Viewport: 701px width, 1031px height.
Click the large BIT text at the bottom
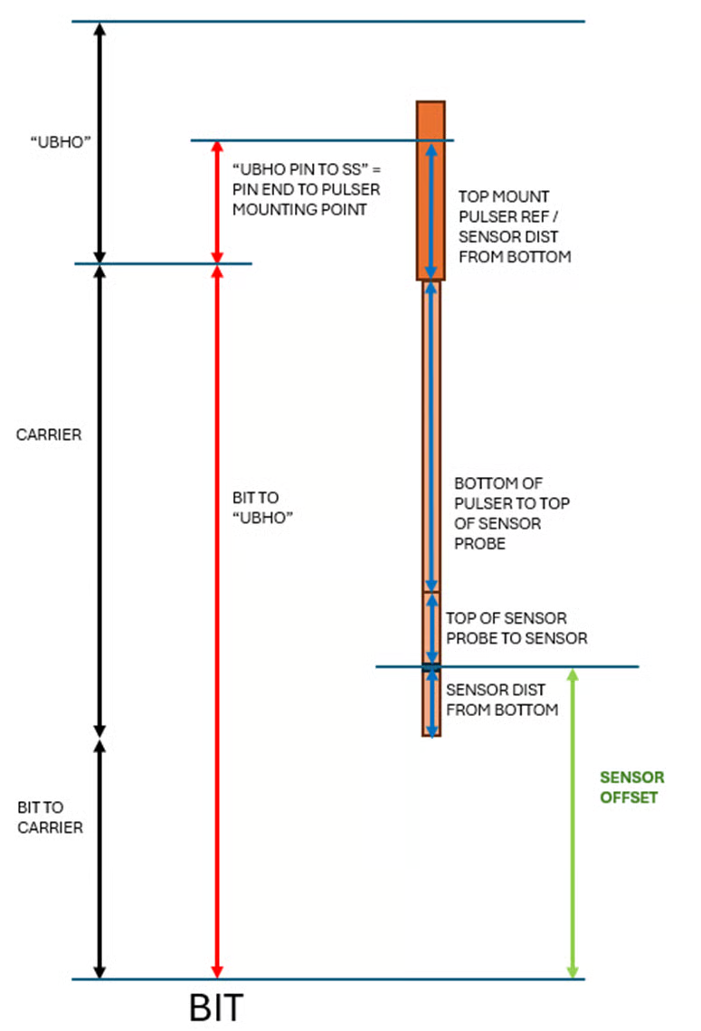click(217, 1007)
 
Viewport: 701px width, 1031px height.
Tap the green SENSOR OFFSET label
click(631, 788)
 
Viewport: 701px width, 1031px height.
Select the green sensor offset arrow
click(573, 824)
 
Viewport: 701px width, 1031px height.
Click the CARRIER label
click(49, 434)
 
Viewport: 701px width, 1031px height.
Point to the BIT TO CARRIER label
click(50, 816)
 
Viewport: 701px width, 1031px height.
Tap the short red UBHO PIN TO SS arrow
click(217, 202)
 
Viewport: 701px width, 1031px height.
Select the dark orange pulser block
click(431, 190)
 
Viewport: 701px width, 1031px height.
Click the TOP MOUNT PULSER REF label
click(515, 226)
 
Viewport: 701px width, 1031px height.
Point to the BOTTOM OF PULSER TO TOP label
click(512, 513)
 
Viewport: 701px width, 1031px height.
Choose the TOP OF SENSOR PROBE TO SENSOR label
click(516, 628)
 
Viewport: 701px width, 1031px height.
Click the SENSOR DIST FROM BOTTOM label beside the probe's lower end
click(502, 701)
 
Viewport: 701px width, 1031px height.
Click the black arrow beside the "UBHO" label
click(100, 142)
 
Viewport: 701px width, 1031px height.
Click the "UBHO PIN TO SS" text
click(306, 189)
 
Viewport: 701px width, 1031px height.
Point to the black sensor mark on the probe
click(431, 669)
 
